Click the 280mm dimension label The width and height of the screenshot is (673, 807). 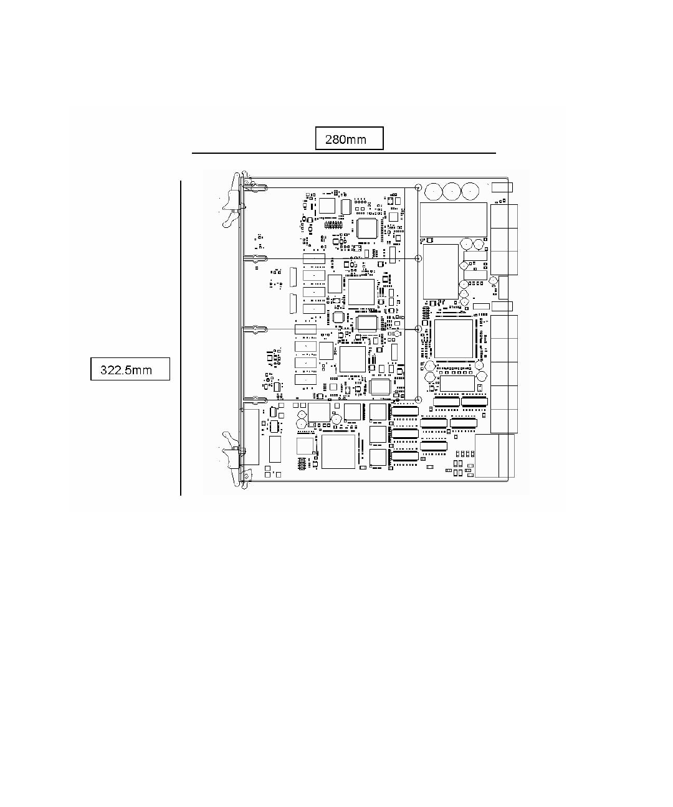pyautogui.click(x=349, y=139)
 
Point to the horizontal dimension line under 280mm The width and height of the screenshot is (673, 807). pyautogui.click(x=343, y=153)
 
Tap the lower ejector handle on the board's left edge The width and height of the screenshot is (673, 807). pyautogui.click(x=231, y=458)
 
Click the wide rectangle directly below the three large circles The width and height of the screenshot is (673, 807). pyautogui.click(x=453, y=219)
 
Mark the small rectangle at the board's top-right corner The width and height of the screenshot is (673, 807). pyautogui.click(x=502, y=188)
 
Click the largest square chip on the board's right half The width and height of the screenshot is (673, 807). pyautogui.click(x=454, y=339)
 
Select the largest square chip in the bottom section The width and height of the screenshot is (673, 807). pyautogui.click(x=338, y=451)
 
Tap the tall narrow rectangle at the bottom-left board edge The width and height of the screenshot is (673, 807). pyautogui.click(x=251, y=437)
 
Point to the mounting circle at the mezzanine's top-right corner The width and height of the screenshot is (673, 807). pyautogui.click(x=418, y=187)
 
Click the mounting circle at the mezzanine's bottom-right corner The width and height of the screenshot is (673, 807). pyautogui.click(x=418, y=400)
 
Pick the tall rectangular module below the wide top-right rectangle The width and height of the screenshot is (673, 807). pyautogui.click(x=441, y=271)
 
